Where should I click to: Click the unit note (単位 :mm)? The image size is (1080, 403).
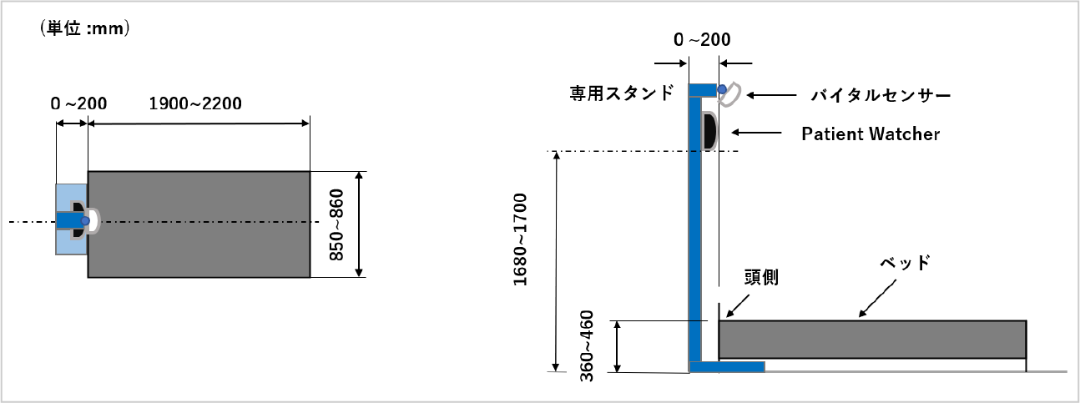coord(85,28)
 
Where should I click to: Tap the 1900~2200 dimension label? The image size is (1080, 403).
coord(195,103)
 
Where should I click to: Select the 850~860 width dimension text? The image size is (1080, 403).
coord(336,224)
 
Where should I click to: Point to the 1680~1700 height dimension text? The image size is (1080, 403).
coord(520,239)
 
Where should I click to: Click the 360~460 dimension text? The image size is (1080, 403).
coord(586,346)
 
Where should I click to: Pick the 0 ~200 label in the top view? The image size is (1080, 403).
coord(78,103)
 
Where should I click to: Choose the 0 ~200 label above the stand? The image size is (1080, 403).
coord(702,39)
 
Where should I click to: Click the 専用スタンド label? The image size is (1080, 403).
coord(622,93)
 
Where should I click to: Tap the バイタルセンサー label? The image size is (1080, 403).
coord(881,95)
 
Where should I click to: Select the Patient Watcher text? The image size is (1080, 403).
coord(871,134)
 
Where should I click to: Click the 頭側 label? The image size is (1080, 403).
coord(761,277)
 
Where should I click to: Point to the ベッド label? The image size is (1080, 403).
coord(905,263)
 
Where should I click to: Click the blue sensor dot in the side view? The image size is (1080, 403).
coord(722,89)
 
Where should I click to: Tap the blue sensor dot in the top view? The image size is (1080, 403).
coord(85,221)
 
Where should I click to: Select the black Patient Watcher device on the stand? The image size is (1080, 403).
coord(709,131)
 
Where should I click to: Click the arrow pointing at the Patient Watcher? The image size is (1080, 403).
coord(756,133)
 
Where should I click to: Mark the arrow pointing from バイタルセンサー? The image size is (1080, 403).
coord(771,95)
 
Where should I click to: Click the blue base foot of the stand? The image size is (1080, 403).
coord(727,367)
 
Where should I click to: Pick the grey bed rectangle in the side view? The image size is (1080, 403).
coord(872,340)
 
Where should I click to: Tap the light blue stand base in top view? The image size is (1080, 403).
coord(71,219)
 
